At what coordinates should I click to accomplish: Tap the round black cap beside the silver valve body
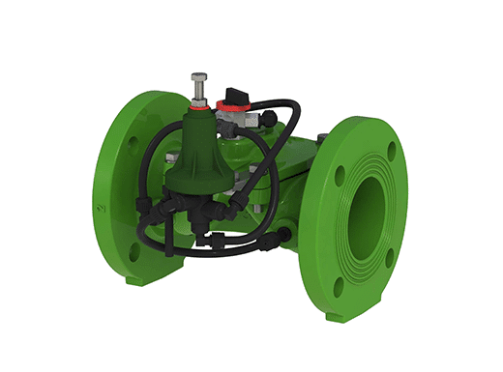267,119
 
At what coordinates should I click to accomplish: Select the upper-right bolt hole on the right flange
391,151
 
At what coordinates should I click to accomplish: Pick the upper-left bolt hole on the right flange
340,176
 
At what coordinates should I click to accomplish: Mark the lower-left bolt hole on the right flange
338,287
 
